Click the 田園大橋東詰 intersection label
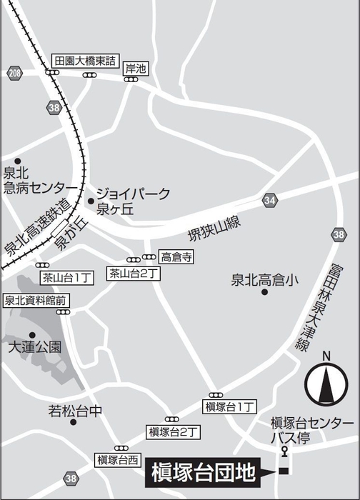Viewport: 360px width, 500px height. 86,61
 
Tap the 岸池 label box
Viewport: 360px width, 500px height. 135,69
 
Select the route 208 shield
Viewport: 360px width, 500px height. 16,74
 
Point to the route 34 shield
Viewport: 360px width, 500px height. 269,200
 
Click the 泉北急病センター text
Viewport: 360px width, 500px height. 35,180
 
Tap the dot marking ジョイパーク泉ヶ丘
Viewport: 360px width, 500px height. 91,201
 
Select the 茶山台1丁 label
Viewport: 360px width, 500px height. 64,276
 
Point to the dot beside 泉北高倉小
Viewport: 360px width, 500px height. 264,292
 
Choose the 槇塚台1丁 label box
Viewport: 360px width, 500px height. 230,406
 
